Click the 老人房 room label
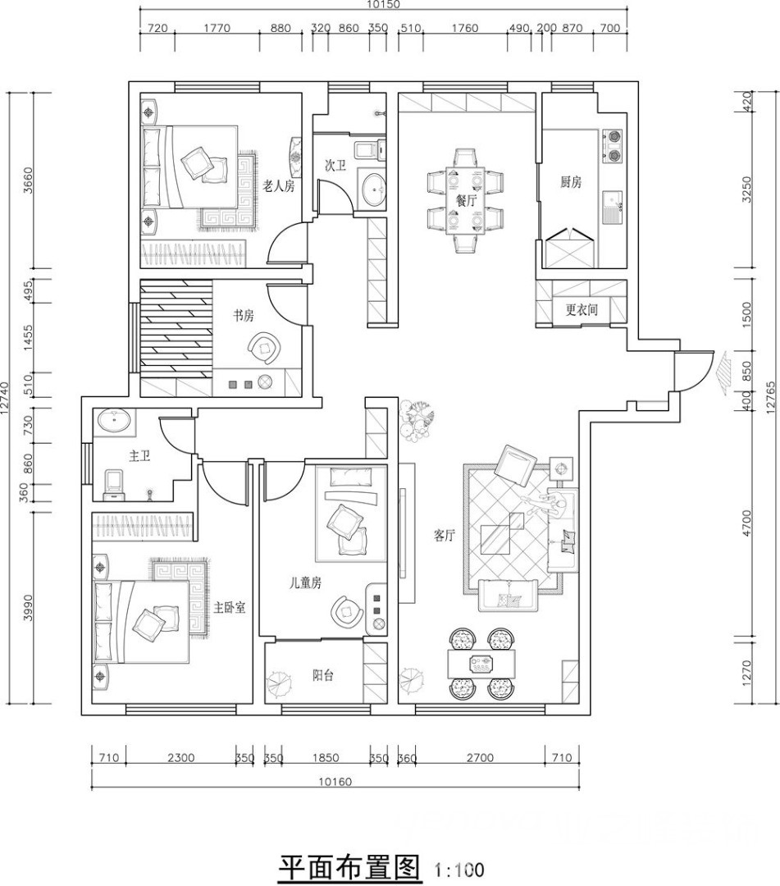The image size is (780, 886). point(279,186)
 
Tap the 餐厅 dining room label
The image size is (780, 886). point(466,200)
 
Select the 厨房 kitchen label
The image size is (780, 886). point(571,182)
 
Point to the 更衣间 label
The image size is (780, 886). point(582,309)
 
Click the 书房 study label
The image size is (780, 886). point(244,315)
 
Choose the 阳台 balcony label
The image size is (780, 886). point(323,674)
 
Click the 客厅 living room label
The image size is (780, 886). point(445,536)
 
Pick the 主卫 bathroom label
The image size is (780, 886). point(139,455)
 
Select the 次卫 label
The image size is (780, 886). point(335,165)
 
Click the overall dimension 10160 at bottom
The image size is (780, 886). point(335,782)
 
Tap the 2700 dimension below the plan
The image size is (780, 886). point(480,758)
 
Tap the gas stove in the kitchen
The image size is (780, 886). point(613,144)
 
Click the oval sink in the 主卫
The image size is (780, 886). point(115,422)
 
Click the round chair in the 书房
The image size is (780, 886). point(263,349)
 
